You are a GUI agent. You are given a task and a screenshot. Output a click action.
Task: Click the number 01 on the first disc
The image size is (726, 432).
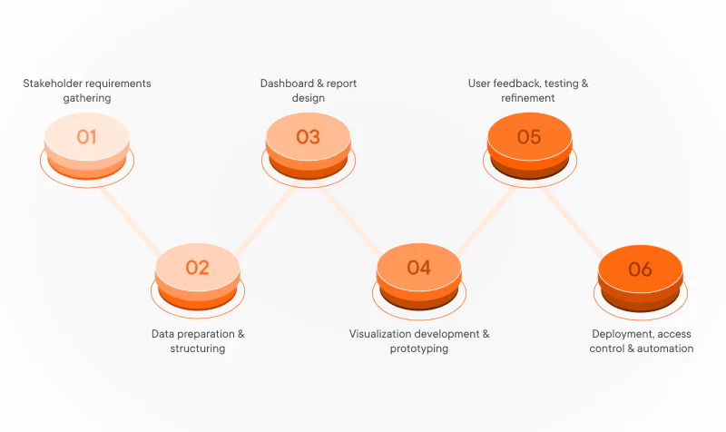pos(86,137)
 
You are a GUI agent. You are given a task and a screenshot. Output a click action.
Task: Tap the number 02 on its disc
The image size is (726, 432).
pos(197,268)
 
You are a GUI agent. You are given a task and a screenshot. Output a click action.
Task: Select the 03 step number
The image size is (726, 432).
pos(308,137)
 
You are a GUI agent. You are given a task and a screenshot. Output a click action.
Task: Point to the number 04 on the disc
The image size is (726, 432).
pos(418,268)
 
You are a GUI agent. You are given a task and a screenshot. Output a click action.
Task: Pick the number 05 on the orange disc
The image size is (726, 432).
pos(529,137)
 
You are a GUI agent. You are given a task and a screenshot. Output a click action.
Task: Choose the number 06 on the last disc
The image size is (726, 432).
pos(640,269)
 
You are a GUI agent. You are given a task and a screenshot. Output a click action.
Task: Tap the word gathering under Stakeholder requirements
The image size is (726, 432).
pos(87,98)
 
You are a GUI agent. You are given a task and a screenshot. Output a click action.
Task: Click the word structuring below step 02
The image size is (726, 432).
pos(198,349)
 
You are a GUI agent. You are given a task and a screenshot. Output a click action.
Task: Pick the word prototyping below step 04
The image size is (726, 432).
pos(419,349)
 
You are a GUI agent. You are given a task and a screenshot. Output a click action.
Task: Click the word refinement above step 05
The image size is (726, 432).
pos(528,98)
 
